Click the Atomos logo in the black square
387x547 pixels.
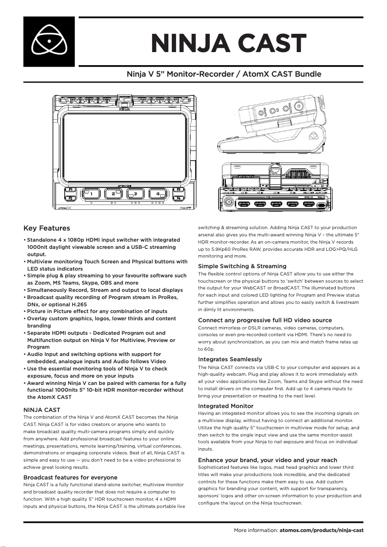pyautogui.click(x=49, y=41)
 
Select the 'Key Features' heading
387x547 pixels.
pyautogui.click(x=47, y=228)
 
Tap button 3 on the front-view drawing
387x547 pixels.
pyautogui.click(x=136, y=194)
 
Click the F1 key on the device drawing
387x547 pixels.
pyautogui.click(x=69, y=190)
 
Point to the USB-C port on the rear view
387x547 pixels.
pyautogui.click(x=322, y=205)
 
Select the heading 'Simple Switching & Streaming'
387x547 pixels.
pyautogui.click(x=242, y=266)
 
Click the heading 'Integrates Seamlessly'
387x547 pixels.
pyautogui.click(x=230, y=359)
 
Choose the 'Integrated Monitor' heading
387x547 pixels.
pyautogui.click(x=226, y=406)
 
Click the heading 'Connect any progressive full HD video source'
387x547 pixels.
pyautogui.click(x=265, y=320)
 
